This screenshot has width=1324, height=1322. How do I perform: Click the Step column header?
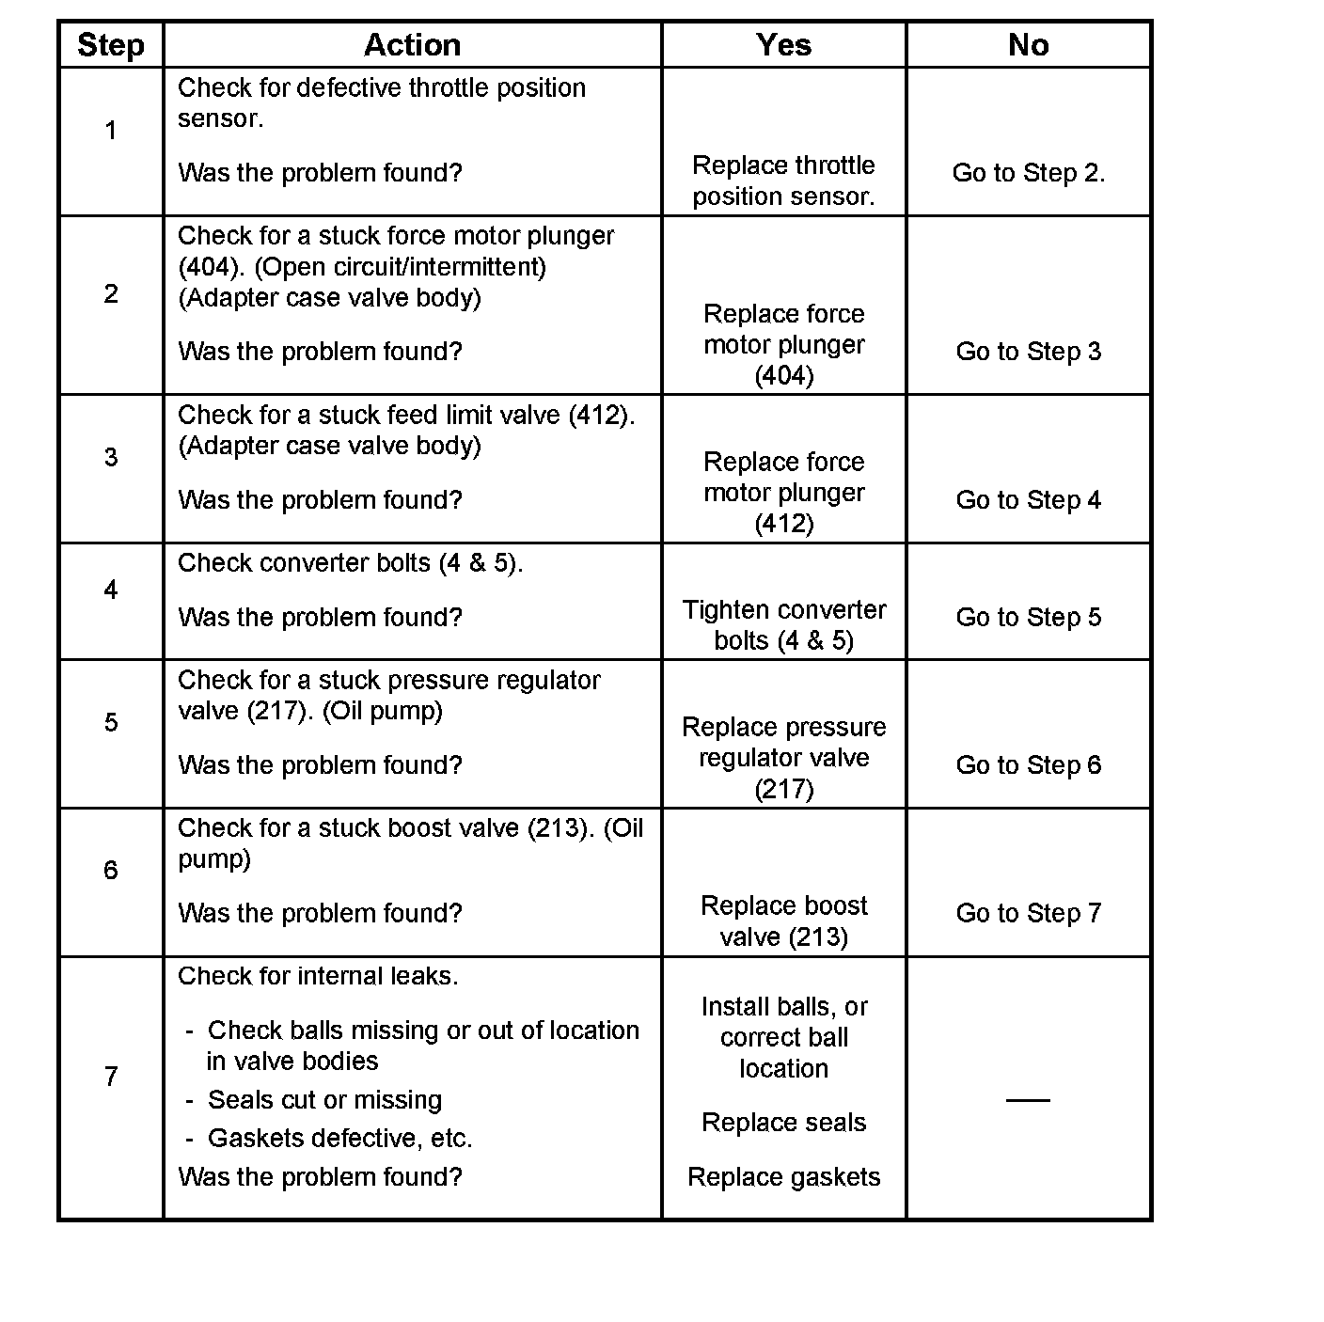point(111,45)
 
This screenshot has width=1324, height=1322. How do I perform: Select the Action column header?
point(412,45)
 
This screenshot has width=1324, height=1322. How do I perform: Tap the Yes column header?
point(783,45)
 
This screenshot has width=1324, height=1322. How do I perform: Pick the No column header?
point(1028,45)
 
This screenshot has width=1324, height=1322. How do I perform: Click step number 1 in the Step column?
point(111,131)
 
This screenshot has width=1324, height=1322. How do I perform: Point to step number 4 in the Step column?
point(111,590)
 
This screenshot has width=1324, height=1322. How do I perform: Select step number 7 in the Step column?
point(111,1077)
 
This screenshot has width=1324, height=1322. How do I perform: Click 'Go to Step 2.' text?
point(1029,173)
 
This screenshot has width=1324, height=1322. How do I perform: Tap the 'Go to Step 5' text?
point(1028,618)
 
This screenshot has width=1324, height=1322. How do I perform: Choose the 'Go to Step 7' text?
point(1028,913)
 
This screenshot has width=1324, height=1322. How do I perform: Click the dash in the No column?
point(1028,1099)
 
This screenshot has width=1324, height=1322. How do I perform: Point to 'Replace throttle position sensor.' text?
point(783,181)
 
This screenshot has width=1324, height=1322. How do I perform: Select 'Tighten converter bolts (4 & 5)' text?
point(783,625)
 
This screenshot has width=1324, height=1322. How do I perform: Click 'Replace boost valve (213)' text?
point(783,921)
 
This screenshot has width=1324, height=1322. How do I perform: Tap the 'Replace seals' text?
point(783,1123)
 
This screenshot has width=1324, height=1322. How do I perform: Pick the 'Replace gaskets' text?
point(783,1177)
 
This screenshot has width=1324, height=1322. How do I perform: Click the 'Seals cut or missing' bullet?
point(324,1100)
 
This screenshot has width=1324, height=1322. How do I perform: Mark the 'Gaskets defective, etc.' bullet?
point(339,1139)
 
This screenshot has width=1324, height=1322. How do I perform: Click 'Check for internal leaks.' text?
point(318,977)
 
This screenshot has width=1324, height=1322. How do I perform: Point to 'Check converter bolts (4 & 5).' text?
point(350,563)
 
